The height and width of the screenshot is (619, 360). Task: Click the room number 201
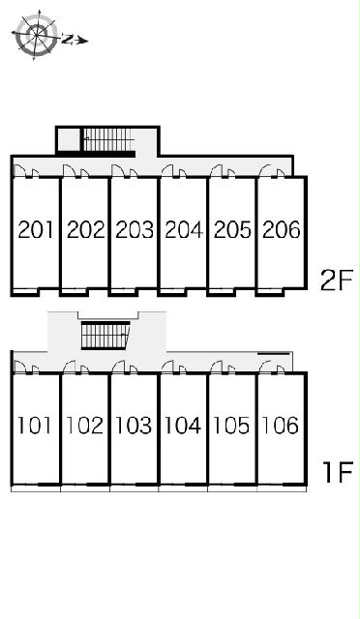tap(36, 230)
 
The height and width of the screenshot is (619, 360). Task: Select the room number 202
tap(85, 230)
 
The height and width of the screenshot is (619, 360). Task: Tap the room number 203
tap(135, 230)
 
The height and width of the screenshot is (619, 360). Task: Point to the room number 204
tap(183, 230)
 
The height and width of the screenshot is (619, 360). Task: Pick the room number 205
tap(232, 230)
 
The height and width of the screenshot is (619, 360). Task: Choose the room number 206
tap(282, 230)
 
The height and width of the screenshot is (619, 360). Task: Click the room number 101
tap(35, 426)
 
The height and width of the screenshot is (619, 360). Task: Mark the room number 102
tap(84, 426)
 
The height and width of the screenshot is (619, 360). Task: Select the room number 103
tap(134, 426)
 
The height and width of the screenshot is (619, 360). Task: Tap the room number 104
tap(183, 426)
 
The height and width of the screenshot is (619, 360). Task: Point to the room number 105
tap(231, 426)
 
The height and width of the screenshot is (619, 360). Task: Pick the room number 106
tap(281, 426)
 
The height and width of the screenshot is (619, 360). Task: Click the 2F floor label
tap(336, 280)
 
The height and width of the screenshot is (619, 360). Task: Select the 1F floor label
tap(338, 472)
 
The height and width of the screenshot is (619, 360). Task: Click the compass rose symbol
tap(37, 36)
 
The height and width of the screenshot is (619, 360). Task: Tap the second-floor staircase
tap(107, 139)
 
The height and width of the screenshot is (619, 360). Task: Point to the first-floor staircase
tap(105, 336)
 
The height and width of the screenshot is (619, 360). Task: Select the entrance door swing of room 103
tap(119, 366)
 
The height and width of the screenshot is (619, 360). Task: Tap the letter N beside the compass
tap(68, 39)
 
